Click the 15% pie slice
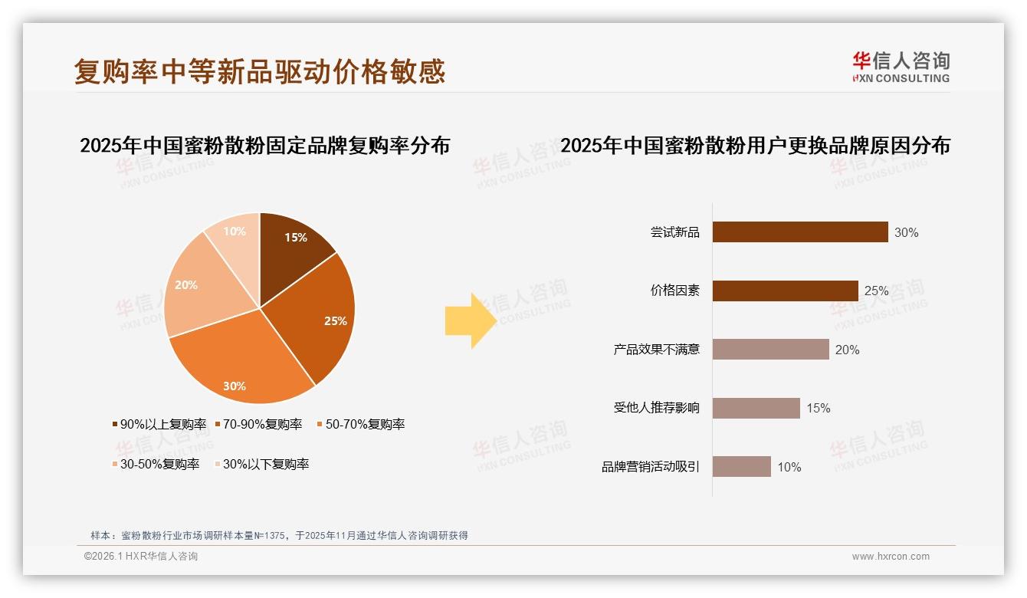(295, 244)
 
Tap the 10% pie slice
(234, 234)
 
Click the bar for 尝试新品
(799, 232)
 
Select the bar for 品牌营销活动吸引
(741, 466)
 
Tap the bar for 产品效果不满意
(770, 350)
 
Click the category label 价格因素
(675, 291)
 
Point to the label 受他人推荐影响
(657, 408)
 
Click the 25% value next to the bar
(876, 291)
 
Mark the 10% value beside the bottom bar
(789, 467)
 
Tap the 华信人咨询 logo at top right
(901, 67)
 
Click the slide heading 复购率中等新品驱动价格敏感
(260, 71)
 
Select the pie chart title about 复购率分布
(264, 145)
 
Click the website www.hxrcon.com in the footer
(890, 557)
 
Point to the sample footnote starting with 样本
(279, 536)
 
